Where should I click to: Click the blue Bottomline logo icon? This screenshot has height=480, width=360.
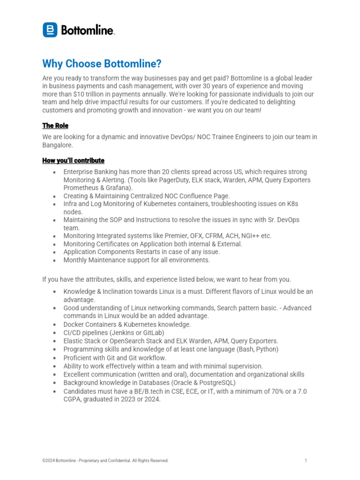click(x=50, y=30)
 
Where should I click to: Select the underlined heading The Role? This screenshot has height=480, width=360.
click(x=55, y=126)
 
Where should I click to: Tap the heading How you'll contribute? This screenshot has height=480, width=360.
click(x=73, y=161)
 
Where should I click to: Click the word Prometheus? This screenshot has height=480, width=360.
click(x=81, y=188)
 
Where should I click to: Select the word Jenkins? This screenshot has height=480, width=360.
click(x=121, y=332)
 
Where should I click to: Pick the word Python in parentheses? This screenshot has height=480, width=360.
click(x=266, y=349)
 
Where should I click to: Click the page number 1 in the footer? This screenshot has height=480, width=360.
click(x=306, y=461)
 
